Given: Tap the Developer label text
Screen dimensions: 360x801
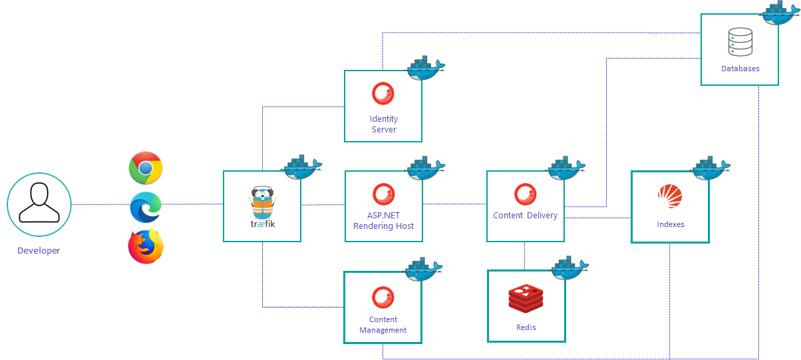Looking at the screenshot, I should (39, 251).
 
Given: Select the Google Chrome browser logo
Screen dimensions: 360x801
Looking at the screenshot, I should (146, 168).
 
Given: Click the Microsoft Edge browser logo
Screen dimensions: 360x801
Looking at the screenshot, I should (146, 207).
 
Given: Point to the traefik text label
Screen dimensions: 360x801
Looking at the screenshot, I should (262, 224).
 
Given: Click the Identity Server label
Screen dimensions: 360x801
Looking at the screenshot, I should (384, 124).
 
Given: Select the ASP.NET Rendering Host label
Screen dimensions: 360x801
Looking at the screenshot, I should (384, 221).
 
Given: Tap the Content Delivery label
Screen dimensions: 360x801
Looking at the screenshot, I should (525, 216).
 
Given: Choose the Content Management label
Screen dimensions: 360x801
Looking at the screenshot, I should (383, 325).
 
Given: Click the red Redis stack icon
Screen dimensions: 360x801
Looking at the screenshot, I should (526, 298).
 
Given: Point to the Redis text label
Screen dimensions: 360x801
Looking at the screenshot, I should (526, 327).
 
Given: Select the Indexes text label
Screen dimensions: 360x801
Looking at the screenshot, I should (670, 224).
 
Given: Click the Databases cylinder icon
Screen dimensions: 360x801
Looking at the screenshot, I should (740, 42).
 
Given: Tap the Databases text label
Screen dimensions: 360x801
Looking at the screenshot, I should (740, 69).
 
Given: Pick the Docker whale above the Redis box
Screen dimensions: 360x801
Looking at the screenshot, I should (569, 267).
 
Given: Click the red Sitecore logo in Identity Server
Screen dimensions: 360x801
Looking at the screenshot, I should (383, 94).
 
